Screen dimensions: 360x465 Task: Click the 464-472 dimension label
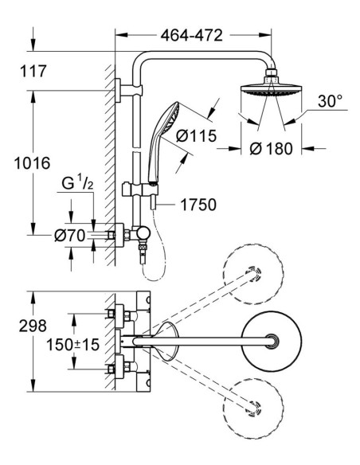[192, 35]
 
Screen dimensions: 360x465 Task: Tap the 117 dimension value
[33, 71]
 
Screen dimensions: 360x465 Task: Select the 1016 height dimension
[33, 163]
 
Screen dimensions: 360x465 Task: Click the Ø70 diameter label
[70, 236]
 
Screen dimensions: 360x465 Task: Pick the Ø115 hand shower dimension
[196, 136]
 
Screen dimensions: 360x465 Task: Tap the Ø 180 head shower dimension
[271, 148]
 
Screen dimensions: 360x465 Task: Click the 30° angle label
[330, 101]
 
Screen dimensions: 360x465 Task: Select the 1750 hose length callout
[198, 205]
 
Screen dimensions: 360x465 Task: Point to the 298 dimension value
[33, 326]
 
